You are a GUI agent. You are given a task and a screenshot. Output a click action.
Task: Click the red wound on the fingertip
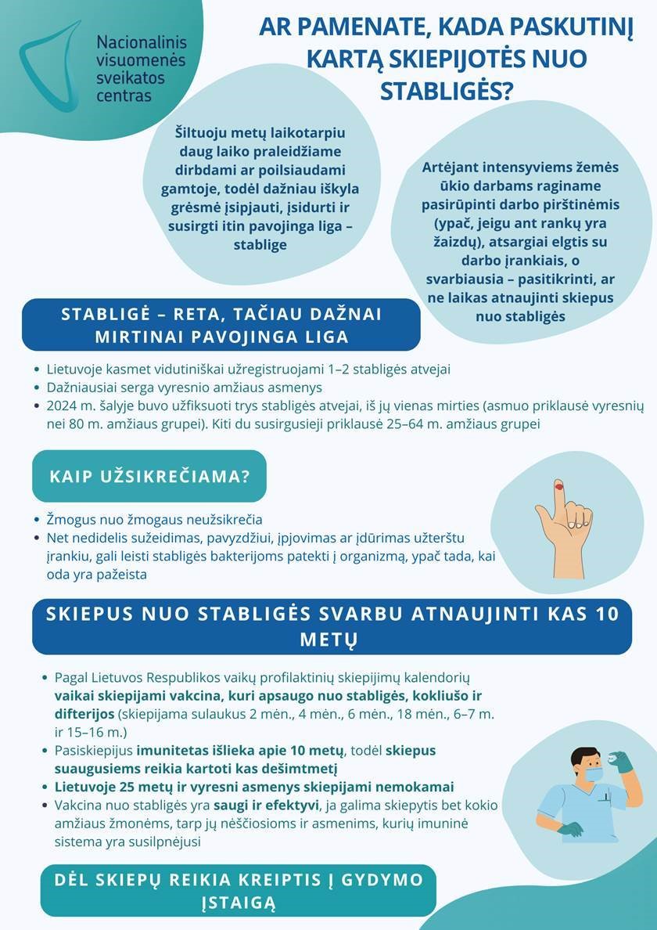(558, 487)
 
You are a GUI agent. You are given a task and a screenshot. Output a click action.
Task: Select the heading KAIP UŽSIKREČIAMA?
(149, 476)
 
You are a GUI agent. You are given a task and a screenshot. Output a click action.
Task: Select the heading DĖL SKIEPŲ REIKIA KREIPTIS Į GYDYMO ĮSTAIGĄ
(239, 891)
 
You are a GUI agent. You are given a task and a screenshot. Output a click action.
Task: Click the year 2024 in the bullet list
(62, 406)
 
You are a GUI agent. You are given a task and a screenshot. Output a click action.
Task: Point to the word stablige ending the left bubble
(260, 245)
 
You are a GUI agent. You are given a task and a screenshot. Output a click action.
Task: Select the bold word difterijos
(84, 714)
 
